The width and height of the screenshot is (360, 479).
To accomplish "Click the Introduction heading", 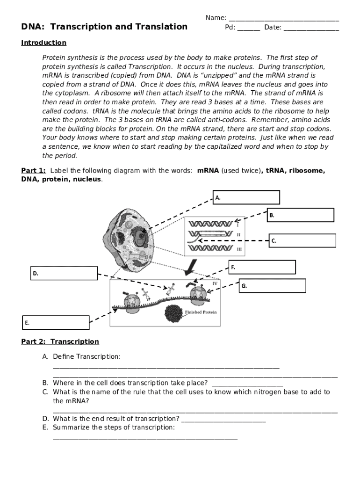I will pos(44,43).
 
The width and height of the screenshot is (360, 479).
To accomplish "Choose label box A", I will pos(246,197).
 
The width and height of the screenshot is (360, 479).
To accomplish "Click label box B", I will pos(300,215).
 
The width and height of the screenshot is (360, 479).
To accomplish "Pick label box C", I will pos(302,240).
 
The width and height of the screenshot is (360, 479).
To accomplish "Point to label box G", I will pos(273,285).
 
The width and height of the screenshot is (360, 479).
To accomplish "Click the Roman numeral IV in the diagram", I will pos(215,283).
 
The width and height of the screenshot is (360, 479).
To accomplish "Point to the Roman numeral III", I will pos(239,249).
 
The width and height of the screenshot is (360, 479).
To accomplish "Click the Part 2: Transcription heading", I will pos(60,341).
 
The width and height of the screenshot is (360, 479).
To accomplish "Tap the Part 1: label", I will pos(33,171).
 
